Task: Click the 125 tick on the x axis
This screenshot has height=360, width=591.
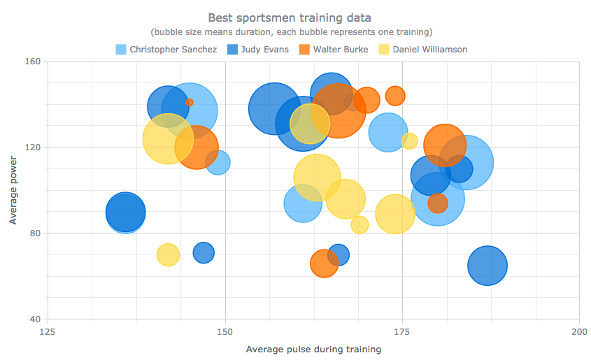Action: (x=48, y=331)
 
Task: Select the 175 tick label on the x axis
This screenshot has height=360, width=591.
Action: (x=402, y=331)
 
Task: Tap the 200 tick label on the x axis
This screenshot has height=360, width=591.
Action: (x=579, y=331)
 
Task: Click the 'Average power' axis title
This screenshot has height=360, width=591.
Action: (x=13, y=190)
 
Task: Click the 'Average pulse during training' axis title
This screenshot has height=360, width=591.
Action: (x=313, y=349)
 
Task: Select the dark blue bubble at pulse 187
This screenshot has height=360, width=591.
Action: (x=487, y=266)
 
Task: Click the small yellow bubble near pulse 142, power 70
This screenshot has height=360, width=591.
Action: (x=168, y=255)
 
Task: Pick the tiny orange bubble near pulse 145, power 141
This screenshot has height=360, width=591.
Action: (x=190, y=102)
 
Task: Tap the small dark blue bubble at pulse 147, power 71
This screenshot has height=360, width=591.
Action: (x=204, y=252)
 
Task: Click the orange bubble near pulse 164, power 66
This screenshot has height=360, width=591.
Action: (x=324, y=264)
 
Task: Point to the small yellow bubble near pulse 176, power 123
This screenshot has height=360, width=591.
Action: (x=409, y=141)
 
